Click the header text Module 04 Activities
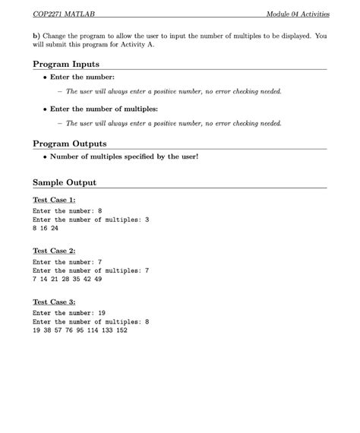tap(298, 15)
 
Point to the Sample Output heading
tap(65, 183)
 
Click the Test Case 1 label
tap(54, 199)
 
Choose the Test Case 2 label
tap(54, 250)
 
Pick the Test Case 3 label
tap(54, 302)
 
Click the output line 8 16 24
tap(46, 227)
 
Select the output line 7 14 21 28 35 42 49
tap(68, 279)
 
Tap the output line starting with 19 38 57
tap(80, 330)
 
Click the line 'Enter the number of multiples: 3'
tap(91, 219)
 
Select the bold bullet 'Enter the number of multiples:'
tap(103, 109)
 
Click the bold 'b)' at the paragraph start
tap(37, 36)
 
